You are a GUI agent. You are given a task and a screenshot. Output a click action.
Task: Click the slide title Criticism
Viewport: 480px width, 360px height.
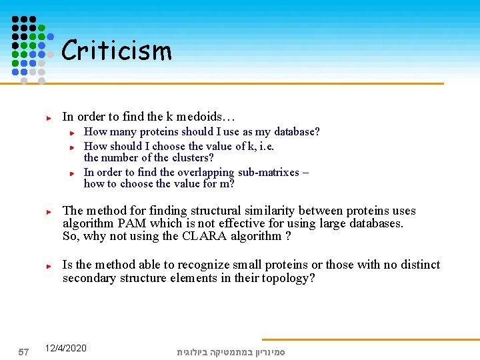click(117, 51)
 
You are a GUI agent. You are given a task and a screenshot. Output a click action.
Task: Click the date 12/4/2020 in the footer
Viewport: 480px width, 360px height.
click(65, 349)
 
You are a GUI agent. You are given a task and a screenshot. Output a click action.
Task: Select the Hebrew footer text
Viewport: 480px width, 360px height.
click(231, 351)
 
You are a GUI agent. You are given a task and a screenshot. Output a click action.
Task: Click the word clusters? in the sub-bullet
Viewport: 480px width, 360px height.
click(193, 158)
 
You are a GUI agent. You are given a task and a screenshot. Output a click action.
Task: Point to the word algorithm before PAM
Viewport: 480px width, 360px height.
click(87, 223)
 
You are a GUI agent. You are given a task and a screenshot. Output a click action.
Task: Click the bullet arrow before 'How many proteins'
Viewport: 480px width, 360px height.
click(75, 133)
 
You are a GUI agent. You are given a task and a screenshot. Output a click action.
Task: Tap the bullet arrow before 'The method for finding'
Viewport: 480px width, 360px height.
click(49, 211)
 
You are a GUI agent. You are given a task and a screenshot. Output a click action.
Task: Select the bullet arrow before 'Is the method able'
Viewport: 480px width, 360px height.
click(49, 265)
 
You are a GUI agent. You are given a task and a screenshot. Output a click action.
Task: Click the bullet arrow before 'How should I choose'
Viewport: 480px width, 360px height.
click(75, 146)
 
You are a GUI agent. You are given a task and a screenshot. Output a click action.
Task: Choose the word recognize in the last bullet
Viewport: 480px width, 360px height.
click(205, 265)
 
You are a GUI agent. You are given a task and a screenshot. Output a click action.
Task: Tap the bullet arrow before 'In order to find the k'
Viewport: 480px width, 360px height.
click(49, 117)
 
